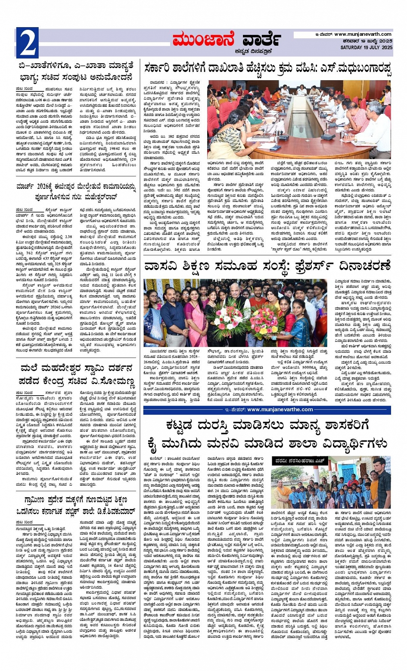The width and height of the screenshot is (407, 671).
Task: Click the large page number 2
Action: [x=28, y=43]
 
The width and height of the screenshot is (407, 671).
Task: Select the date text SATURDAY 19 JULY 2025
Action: [x=366, y=47]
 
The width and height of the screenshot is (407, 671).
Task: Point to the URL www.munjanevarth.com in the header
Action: [x=363, y=34]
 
